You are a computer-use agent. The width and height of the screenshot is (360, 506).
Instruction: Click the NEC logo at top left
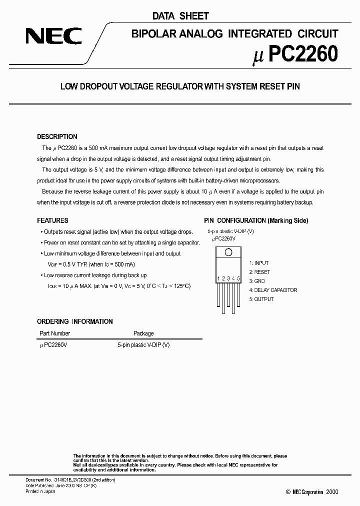pyautogui.click(x=54, y=36)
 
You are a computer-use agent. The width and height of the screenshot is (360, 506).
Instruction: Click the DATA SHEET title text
pyautogui.click(x=180, y=16)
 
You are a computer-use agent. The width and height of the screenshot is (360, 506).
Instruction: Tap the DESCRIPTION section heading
pyautogui.click(x=57, y=136)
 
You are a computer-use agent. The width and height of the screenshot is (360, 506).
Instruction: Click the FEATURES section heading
pyautogui.click(x=52, y=220)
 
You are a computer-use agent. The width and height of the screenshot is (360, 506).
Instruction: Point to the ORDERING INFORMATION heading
pyautogui.click(x=75, y=321)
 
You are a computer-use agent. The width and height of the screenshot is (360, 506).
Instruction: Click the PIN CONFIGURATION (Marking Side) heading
pyautogui.click(x=256, y=220)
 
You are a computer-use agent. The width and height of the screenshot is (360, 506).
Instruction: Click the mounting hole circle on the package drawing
pyautogui.click(x=228, y=252)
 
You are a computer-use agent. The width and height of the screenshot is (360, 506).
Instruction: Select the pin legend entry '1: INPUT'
pyautogui.click(x=258, y=263)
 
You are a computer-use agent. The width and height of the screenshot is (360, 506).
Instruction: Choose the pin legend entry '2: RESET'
pyautogui.click(x=259, y=272)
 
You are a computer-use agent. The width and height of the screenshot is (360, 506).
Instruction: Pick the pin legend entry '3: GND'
pyautogui.click(x=257, y=281)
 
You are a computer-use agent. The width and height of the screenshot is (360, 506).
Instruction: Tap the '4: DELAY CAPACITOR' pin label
pyautogui.click(x=273, y=290)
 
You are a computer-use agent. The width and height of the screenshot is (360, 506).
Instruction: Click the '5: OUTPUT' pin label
pyautogui.click(x=261, y=299)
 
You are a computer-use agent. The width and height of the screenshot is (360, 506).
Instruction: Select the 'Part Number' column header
pyautogui.click(x=54, y=333)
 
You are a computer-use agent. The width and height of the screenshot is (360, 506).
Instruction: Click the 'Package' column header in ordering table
pyautogui.click(x=143, y=333)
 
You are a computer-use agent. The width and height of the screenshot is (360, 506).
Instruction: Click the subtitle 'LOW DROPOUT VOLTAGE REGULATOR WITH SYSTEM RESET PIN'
pyautogui.click(x=180, y=86)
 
